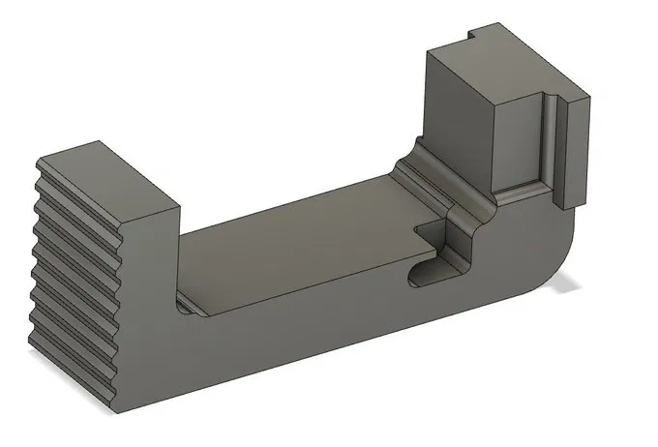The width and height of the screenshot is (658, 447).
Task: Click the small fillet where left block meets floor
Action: tap(184, 307)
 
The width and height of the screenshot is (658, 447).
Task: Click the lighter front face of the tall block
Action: tap(518, 140)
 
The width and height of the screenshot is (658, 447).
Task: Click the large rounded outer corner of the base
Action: tap(561, 261)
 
